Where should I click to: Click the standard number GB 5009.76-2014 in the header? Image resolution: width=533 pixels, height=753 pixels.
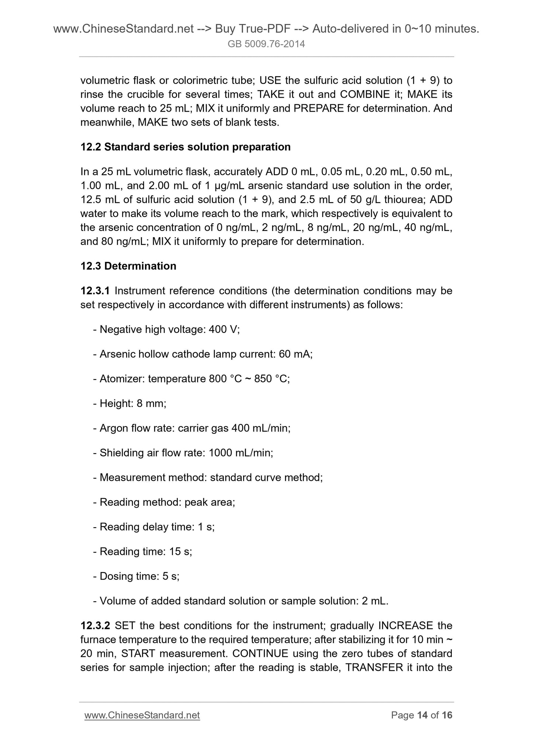click(x=266, y=45)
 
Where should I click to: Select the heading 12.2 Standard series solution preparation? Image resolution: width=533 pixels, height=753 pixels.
click(x=186, y=147)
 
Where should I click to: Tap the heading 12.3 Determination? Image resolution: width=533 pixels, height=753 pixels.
click(x=128, y=266)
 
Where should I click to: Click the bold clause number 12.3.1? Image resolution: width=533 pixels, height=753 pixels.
click(x=95, y=291)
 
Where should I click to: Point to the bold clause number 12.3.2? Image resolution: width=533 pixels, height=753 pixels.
click(x=95, y=626)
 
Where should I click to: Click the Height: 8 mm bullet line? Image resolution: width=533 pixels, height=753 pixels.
click(x=129, y=404)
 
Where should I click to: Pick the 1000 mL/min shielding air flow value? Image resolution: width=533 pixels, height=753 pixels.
click(x=240, y=453)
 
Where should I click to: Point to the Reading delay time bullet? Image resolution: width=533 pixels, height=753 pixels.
click(x=154, y=527)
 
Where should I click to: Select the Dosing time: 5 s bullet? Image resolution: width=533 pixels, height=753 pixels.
click(x=136, y=576)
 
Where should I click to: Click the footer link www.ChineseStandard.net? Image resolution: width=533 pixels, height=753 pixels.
click(x=142, y=715)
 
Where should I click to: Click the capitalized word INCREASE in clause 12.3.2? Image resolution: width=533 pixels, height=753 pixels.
click(x=405, y=626)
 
